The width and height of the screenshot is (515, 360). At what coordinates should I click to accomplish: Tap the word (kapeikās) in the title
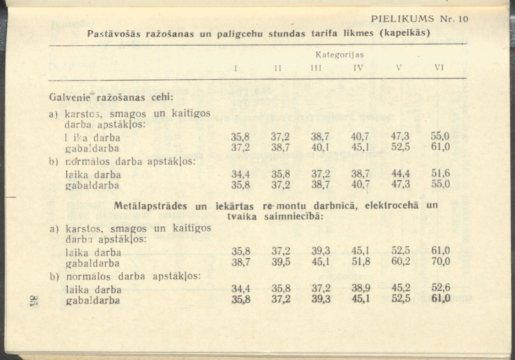(406, 33)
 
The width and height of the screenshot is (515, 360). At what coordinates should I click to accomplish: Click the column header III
(316, 68)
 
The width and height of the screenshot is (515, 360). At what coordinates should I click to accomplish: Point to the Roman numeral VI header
(439, 68)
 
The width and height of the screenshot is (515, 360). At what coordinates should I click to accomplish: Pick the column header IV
(358, 68)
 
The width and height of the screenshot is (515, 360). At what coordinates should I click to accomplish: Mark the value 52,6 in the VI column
(440, 289)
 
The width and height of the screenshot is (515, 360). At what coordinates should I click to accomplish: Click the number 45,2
(400, 289)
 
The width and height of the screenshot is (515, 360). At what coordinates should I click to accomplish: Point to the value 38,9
(360, 289)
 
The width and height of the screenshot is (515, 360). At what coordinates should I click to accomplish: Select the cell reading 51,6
(440, 174)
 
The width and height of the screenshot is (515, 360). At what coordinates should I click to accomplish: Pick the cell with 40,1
(320, 147)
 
